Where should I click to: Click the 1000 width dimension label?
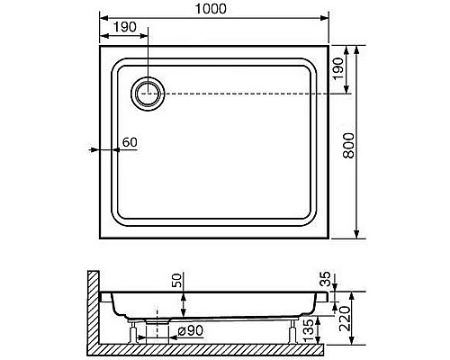211,9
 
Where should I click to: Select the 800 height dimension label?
348,146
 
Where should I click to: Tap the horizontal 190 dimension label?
125,27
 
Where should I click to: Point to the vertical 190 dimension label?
338,68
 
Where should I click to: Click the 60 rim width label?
130,142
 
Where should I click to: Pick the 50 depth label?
177,280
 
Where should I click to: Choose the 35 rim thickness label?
325,279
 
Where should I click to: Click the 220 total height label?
344,319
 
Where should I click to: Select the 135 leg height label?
308,331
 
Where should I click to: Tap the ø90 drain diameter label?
191,330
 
